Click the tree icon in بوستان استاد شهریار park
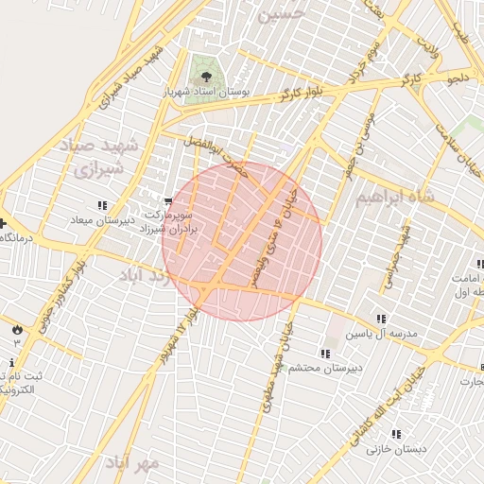[202, 71]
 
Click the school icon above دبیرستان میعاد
[101, 206]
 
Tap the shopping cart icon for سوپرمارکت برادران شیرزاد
[168, 200]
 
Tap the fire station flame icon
[17, 327]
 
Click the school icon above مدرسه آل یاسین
[382, 320]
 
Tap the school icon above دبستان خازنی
[397, 435]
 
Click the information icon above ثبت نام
[11, 363]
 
